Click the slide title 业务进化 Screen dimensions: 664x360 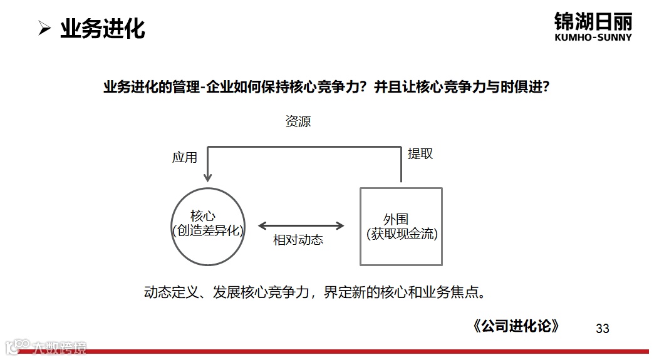click(x=102, y=29)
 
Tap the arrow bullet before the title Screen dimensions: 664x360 click(x=44, y=29)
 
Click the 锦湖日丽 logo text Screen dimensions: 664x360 click(x=593, y=21)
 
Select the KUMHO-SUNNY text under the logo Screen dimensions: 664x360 click(x=593, y=38)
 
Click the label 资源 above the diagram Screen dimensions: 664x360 click(x=298, y=121)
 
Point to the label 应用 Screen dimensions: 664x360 click(x=185, y=158)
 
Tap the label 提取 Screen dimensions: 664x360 click(x=420, y=154)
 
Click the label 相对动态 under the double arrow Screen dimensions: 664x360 click(x=298, y=240)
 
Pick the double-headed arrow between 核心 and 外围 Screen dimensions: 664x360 click(x=301, y=226)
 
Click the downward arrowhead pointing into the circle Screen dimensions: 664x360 click(x=208, y=178)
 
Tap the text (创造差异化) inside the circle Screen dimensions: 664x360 click(x=207, y=231)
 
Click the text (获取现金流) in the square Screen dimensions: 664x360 click(x=402, y=235)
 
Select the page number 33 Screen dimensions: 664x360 click(x=602, y=329)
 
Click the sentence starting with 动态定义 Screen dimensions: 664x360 click(x=315, y=292)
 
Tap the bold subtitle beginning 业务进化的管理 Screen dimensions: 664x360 click(x=326, y=88)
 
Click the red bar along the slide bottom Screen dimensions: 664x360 click(x=376, y=352)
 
